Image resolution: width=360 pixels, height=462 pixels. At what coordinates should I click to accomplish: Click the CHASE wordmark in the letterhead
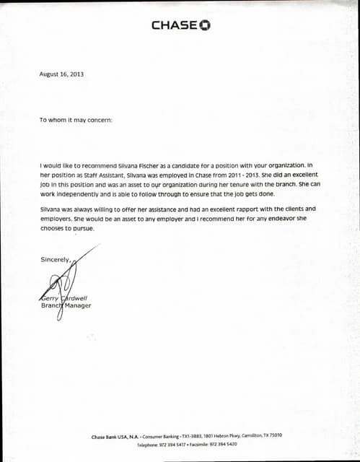coord(173,25)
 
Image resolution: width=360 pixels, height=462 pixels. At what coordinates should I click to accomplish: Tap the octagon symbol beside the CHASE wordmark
coord(204,25)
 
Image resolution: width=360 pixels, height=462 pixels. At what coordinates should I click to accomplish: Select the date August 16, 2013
coord(62,74)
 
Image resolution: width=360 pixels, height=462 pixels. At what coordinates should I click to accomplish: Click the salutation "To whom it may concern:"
coord(76,120)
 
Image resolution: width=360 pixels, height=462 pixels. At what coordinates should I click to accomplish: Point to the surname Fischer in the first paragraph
coord(148,165)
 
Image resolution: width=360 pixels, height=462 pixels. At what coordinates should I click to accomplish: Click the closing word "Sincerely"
coord(55,258)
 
